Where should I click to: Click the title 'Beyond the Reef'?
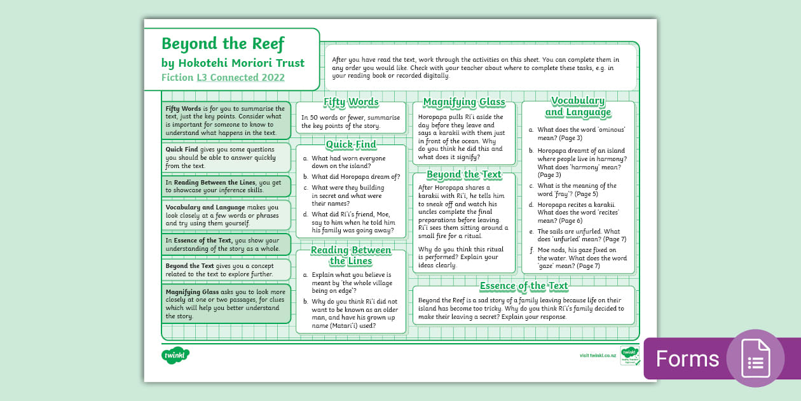pyautogui.click(x=222, y=44)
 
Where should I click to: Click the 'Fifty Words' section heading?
pyautogui.click(x=351, y=102)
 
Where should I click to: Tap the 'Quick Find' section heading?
pyautogui.click(x=351, y=144)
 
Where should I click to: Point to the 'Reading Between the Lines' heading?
pyautogui.click(x=351, y=255)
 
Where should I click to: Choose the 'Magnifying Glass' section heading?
pyautogui.click(x=464, y=102)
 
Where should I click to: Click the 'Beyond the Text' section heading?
pyautogui.click(x=464, y=174)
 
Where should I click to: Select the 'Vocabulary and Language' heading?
pyautogui.click(x=578, y=106)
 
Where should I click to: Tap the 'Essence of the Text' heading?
pyautogui.click(x=524, y=286)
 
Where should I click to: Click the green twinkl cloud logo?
pyautogui.click(x=175, y=355)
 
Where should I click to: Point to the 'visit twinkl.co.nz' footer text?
pyautogui.click(x=598, y=355)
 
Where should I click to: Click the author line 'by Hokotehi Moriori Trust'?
pyautogui.click(x=233, y=63)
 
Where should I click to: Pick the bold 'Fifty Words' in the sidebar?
pyautogui.click(x=184, y=109)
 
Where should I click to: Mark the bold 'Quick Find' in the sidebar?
pyautogui.click(x=183, y=148)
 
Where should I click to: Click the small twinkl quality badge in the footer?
pyautogui.click(x=629, y=355)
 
